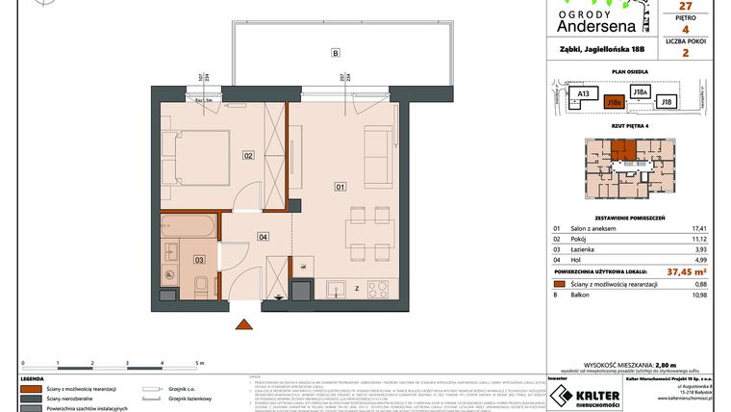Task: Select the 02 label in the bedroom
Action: [x=247, y=154]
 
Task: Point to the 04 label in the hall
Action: [x=262, y=236]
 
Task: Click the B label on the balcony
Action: [x=335, y=53]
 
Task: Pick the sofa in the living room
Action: [x=379, y=149]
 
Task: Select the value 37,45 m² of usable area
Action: [x=646, y=270]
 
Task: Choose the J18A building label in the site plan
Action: [x=639, y=90]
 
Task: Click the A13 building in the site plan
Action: [x=581, y=94]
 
